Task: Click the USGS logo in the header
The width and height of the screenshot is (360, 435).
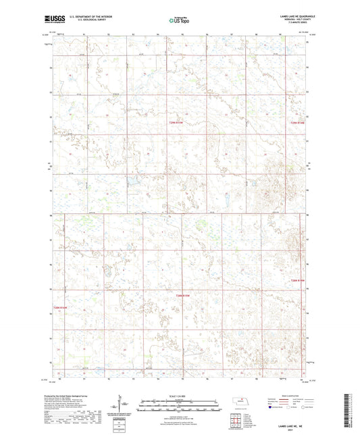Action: pyautogui.click(x=53, y=20)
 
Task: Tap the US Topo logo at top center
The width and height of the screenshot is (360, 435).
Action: pyautogui.click(x=179, y=20)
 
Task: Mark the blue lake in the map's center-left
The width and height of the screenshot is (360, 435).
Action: pyautogui.click(x=132, y=182)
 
